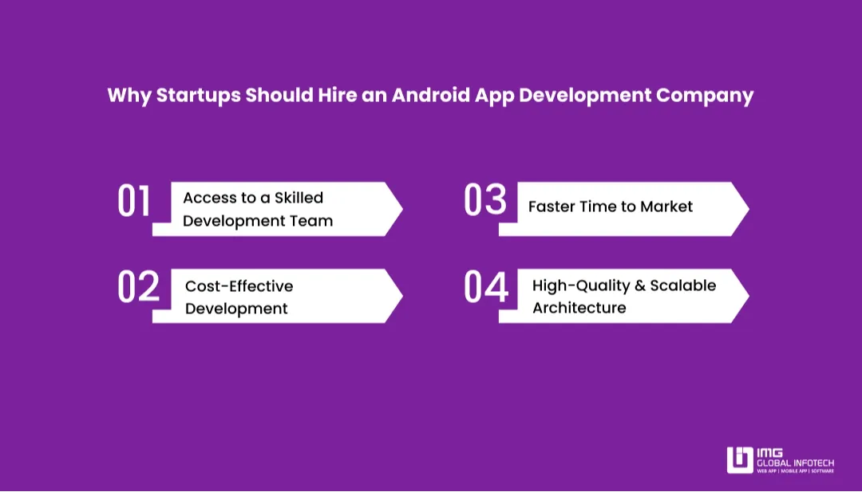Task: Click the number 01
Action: point(134,202)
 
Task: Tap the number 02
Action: point(138,288)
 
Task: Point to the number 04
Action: point(485,288)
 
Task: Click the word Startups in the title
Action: point(198,96)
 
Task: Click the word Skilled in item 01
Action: point(299,198)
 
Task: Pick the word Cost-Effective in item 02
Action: point(239,286)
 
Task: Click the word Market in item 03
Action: point(666,207)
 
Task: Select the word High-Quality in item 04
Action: point(579,285)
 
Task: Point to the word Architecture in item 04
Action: point(579,308)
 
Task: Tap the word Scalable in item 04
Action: point(683,285)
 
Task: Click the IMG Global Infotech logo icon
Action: point(739,460)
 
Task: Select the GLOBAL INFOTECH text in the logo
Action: point(795,462)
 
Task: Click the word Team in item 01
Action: point(312,221)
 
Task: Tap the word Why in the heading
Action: point(129,96)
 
